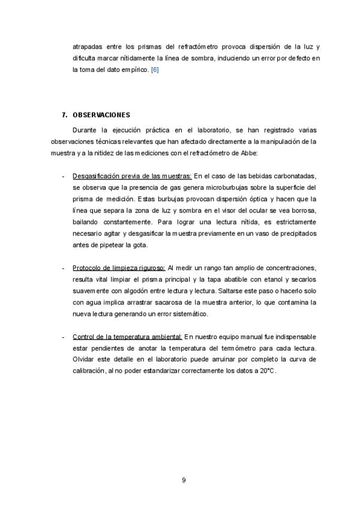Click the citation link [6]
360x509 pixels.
coord(154,70)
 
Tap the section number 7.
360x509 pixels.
coord(64,114)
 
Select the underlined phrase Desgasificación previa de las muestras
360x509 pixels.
coord(131,176)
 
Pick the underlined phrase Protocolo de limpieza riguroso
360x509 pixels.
coord(119,267)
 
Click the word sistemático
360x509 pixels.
coord(189,313)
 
